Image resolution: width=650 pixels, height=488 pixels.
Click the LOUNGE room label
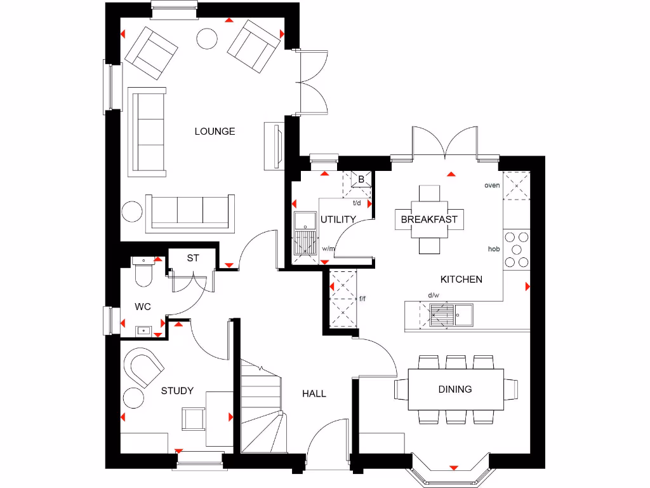pyautogui.click(x=215, y=132)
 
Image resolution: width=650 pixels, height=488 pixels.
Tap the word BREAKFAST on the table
pyautogui.click(x=429, y=219)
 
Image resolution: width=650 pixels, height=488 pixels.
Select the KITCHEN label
pyautogui.click(x=461, y=279)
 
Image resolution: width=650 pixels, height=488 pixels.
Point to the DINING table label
pyautogui.click(x=455, y=389)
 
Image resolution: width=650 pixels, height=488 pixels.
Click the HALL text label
pyautogui.click(x=314, y=393)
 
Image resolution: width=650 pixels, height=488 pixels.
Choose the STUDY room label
pyautogui.click(x=177, y=391)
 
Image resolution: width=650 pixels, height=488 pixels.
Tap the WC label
pyautogui.click(x=143, y=307)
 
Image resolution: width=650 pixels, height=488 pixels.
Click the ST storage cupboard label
pyautogui.click(x=193, y=258)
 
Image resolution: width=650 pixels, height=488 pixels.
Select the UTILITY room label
pyautogui.click(x=338, y=219)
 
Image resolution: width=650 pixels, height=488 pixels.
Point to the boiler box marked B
pyautogui.click(x=361, y=179)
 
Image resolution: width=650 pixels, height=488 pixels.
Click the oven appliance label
pyautogui.click(x=492, y=186)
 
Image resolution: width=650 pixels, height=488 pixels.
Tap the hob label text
pyautogui.click(x=493, y=248)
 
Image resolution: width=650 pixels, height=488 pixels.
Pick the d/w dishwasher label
pyautogui.click(x=434, y=295)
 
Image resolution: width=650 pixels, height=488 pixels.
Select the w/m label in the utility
pyautogui.click(x=328, y=248)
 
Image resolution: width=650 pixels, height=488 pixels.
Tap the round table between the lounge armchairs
pyautogui.click(x=207, y=39)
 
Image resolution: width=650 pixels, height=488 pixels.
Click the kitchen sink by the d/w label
pyautogui.click(x=442, y=314)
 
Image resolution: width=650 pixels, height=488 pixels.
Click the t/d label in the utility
pyautogui.click(x=357, y=203)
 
